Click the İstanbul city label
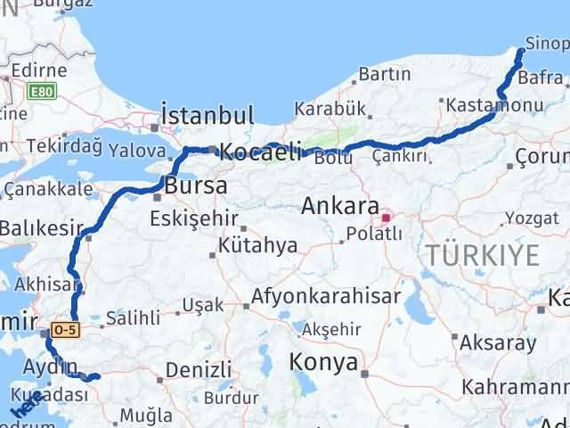tap(207, 116)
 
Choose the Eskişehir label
tap(193, 218)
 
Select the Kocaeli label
tap(260, 152)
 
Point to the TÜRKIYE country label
tap(482, 255)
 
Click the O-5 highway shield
tap(65, 330)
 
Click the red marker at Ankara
tap(387, 217)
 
